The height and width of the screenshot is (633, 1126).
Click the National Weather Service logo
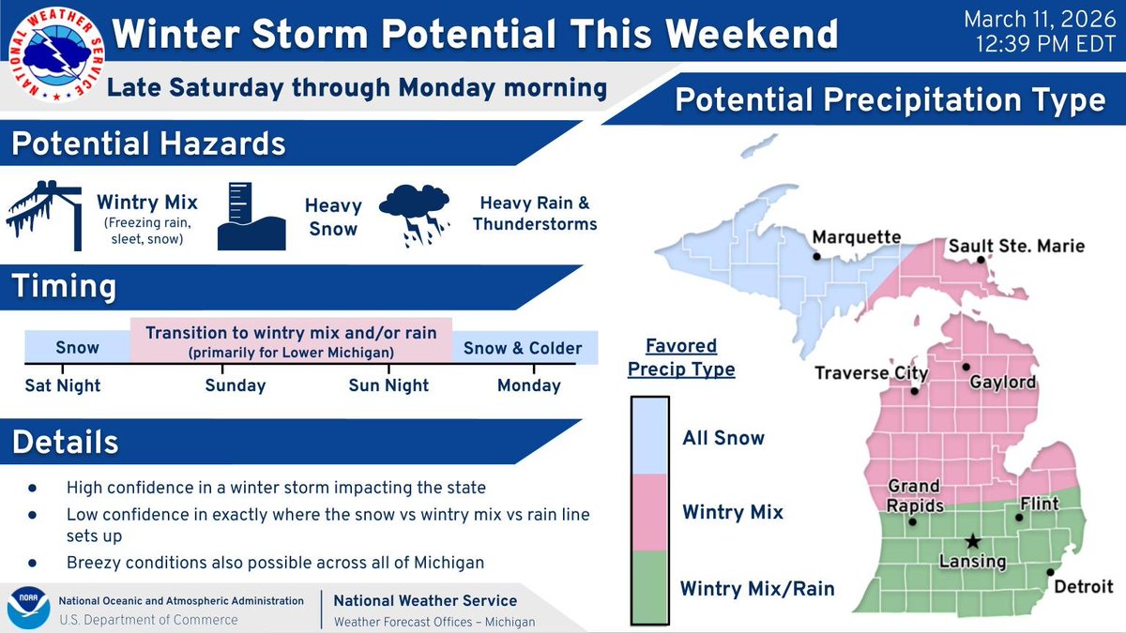pos(53,54)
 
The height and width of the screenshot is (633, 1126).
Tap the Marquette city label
pos(856,238)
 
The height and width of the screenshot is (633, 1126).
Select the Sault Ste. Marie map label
pos(1016,247)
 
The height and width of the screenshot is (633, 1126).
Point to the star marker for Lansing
pos(972,541)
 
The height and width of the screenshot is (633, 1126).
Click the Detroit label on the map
pos(1083,587)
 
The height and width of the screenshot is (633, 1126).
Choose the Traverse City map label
pos(871,373)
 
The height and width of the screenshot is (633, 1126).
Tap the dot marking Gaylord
pos(966,367)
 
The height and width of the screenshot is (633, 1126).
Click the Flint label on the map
pos(1039,504)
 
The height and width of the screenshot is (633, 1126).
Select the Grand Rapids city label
pos(915,495)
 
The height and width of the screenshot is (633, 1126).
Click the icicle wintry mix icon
pos(43,215)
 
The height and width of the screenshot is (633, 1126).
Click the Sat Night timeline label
pos(64,385)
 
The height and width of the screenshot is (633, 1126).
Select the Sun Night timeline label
pos(388,385)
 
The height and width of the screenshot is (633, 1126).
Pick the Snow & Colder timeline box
pos(525,348)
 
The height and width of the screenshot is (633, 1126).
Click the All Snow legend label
pos(723,438)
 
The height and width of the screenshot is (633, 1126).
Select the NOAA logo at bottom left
pos(28,609)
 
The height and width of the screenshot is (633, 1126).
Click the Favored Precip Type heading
pos(681,357)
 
